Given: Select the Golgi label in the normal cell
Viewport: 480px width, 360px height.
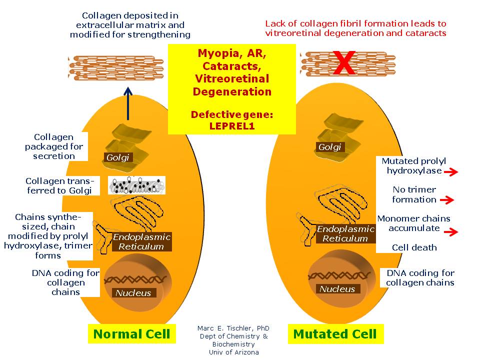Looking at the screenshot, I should click(117, 157).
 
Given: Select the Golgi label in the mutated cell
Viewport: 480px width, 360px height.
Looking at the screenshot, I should click(329, 147).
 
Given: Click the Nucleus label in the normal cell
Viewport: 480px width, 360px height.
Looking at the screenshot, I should click(133, 293).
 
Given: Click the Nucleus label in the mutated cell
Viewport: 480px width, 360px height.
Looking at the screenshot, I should click(337, 289).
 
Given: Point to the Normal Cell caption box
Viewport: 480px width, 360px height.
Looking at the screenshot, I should click(132, 334).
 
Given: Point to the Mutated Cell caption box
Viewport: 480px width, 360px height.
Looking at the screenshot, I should click(335, 334).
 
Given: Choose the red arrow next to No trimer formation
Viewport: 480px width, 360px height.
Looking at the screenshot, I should click(446, 200).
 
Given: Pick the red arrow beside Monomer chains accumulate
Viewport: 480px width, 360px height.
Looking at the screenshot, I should click(450, 232).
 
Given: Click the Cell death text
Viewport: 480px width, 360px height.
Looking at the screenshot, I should click(414, 247).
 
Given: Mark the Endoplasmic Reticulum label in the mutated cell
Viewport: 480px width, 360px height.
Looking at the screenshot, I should click(345, 234).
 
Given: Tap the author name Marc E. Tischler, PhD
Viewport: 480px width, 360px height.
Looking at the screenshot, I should click(233, 328).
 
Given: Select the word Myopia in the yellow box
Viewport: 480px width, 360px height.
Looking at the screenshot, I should click(215, 53).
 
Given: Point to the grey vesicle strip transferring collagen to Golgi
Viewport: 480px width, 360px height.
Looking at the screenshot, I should click(137, 185).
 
